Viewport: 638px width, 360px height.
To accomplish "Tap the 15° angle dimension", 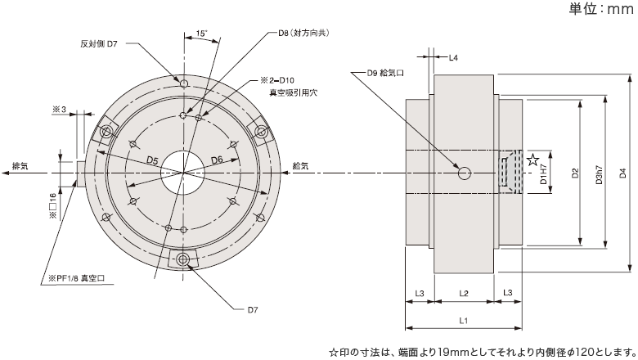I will pos(201,34).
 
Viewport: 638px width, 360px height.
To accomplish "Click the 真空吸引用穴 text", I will pos(293,95).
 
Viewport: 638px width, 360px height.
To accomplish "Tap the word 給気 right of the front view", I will pos(299,166).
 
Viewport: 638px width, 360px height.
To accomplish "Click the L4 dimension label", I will pos(454,58).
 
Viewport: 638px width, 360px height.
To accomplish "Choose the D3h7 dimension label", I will pos(600,173).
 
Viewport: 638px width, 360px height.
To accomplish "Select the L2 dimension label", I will pos(463,292).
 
